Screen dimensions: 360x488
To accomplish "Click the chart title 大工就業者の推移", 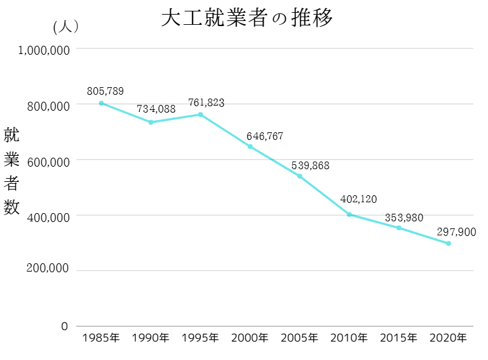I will pyautogui.click(x=247, y=18).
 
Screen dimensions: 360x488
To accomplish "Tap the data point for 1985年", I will pyautogui.click(x=101, y=103).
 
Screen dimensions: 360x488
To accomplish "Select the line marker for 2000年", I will pyautogui.click(x=250, y=147).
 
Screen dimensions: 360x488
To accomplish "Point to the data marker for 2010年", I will pyautogui.click(x=349, y=214).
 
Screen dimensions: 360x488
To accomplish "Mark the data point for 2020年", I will pyautogui.click(x=449, y=244).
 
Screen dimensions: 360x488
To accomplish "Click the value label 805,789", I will pyautogui.click(x=106, y=90).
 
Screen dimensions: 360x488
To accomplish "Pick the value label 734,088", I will pyautogui.click(x=156, y=109).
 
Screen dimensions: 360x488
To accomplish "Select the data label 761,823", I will pyautogui.click(x=206, y=102).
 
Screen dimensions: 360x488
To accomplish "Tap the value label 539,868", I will pyautogui.click(x=311, y=165).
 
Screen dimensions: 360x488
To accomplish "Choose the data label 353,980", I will pyautogui.click(x=404, y=218).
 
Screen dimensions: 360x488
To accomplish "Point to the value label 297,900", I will pyautogui.click(x=456, y=232).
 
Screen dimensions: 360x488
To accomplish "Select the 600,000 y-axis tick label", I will pyautogui.click(x=48, y=162).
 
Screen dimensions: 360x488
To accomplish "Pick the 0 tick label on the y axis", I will pyautogui.click(x=64, y=326).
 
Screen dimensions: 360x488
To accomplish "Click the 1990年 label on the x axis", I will pyautogui.click(x=151, y=338).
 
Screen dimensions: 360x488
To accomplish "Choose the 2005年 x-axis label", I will pyautogui.click(x=299, y=338).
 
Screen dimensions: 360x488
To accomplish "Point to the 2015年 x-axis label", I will pyautogui.click(x=399, y=338).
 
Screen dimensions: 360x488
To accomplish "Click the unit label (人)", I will pyautogui.click(x=66, y=27).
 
